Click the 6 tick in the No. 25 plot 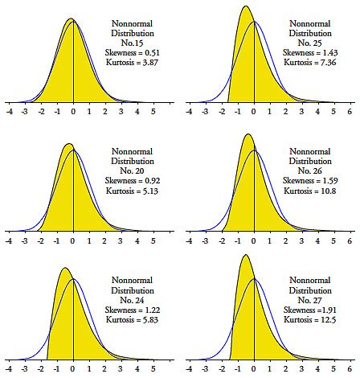[350, 113]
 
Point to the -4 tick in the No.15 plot [9, 113]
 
